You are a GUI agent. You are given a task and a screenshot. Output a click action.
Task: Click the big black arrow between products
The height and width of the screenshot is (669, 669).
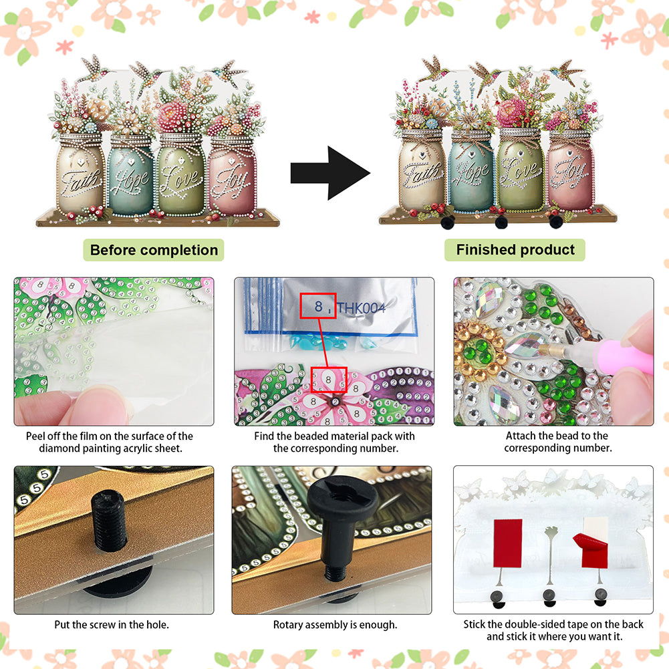point(330,173)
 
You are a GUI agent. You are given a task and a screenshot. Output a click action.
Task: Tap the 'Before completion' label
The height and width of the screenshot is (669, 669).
point(154,250)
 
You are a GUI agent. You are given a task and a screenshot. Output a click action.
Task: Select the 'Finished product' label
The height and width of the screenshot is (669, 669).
point(515,249)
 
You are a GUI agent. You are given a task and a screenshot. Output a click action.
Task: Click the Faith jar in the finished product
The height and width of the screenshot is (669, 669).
point(422,170)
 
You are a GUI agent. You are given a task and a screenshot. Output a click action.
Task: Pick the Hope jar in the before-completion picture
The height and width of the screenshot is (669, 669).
point(130,175)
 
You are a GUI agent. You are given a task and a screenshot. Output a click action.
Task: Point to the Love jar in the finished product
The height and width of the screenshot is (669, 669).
point(521,170)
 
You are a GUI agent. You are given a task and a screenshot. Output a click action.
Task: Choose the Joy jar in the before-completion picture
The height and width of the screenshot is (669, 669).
point(233,175)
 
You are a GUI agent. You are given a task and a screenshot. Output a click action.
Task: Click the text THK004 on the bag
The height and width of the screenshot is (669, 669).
point(362,307)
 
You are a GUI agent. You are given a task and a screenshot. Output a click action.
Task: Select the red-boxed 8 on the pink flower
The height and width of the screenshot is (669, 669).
point(328,380)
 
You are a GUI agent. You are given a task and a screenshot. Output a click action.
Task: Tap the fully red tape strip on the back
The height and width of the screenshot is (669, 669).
point(508,543)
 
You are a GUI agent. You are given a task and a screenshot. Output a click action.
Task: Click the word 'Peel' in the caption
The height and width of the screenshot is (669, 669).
point(35,436)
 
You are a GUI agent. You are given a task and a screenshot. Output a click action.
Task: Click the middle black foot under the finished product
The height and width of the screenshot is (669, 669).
point(501,223)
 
